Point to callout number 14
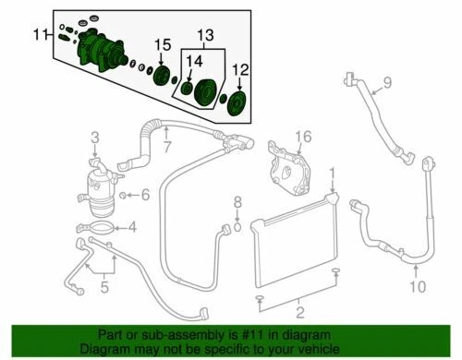click(193, 62)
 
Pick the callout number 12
click(240, 69)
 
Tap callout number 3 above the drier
click(94, 138)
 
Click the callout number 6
click(146, 194)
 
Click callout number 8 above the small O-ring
click(237, 202)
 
